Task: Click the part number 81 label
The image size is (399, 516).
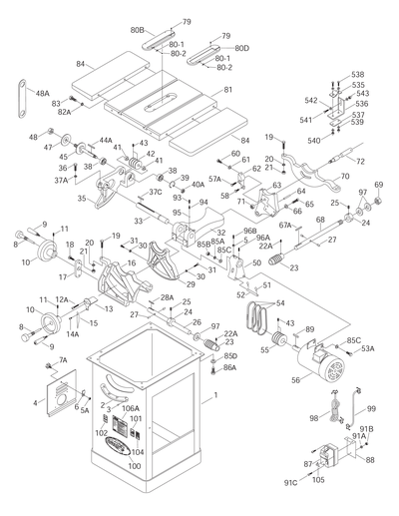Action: [x=232, y=91]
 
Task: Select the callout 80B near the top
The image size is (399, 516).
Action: [x=139, y=30]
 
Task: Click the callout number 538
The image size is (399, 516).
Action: [x=357, y=74]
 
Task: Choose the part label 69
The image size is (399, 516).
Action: [x=378, y=184]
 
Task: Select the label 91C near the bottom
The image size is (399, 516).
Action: [x=292, y=485]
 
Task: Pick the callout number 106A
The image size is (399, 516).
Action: [x=130, y=408]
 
